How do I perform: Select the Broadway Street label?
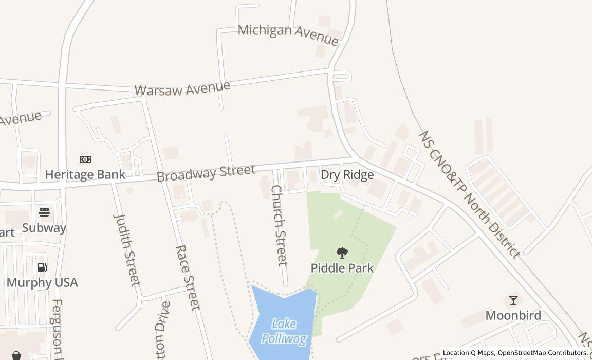point(206,173)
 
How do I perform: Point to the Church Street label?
point(279,225)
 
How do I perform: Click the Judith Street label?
point(126,249)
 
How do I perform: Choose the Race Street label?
point(187,277)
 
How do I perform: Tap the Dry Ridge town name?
point(347,175)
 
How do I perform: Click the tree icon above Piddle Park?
point(342,253)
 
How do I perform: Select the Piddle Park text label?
point(342,268)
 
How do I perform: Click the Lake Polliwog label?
point(284,331)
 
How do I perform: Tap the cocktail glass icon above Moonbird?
point(513,300)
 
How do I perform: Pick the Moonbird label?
point(513,315)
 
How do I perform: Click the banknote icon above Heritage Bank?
point(85,159)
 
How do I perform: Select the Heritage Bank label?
point(85,174)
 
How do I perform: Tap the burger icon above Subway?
point(44,212)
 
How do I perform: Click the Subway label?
point(44,228)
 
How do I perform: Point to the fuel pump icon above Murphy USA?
point(42,267)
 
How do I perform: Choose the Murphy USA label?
point(42,282)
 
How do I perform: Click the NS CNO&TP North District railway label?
point(469,194)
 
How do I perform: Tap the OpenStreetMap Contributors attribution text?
point(543,353)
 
